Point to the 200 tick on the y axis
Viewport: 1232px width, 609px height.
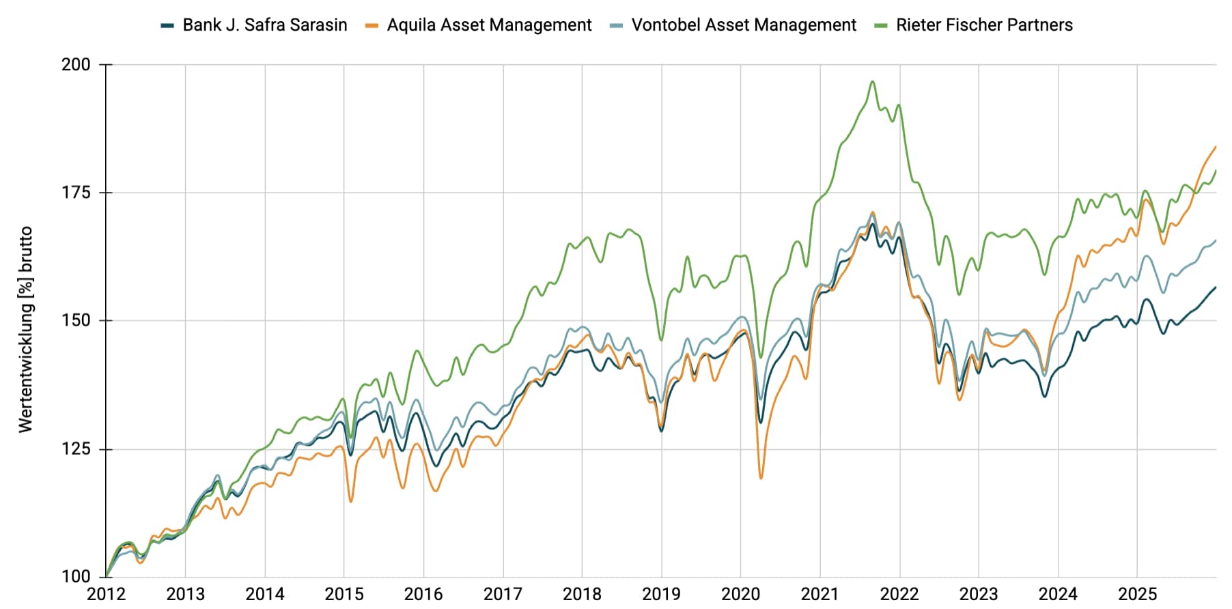[x=76, y=65]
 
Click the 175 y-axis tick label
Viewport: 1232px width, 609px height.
[x=76, y=193]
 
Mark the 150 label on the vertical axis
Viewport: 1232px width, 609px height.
[x=76, y=321]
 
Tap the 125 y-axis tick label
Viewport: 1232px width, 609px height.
[x=76, y=449]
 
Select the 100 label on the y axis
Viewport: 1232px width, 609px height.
[x=76, y=577]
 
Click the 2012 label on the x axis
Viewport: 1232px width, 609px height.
[x=106, y=594]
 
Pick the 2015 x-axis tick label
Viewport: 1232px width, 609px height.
[x=344, y=594]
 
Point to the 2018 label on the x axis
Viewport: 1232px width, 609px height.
[x=582, y=594]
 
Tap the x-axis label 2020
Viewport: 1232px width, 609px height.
[x=741, y=594]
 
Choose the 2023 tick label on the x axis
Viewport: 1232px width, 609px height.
[x=979, y=594]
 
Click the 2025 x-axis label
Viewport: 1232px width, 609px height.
[x=1137, y=594]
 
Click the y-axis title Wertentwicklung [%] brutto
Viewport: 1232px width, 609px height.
[x=26, y=329]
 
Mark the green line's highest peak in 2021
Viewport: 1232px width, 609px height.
[x=872, y=82]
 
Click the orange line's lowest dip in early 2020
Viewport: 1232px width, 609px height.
[x=761, y=478]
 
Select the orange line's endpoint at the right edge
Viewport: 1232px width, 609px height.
[x=1216, y=147]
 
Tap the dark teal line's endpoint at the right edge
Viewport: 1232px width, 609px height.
[x=1216, y=287]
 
